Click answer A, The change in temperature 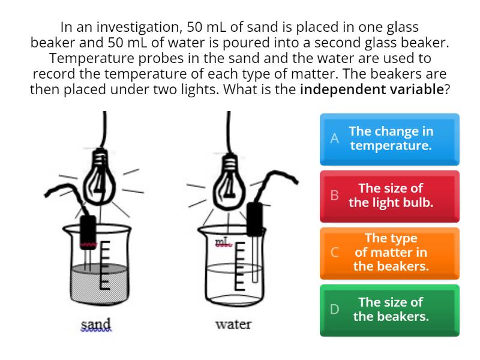point(389,139)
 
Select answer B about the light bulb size point(389,196)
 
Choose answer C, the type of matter point(389,253)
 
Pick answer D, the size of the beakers point(389,310)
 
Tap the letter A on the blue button point(335,139)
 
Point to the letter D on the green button point(335,309)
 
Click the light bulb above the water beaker point(230,183)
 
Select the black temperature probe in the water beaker point(254,220)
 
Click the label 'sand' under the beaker point(96,324)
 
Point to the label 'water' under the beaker point(233,324)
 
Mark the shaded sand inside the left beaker point(99,283)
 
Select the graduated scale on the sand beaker point(104,265)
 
